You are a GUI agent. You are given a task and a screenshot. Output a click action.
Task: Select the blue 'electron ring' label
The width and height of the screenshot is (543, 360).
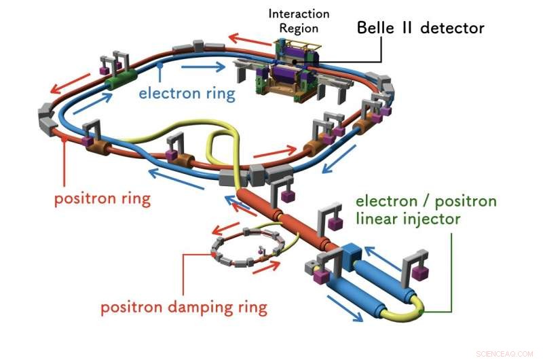click(187, 92)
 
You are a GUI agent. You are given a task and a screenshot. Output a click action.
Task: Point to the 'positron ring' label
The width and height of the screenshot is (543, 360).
click(102, 200)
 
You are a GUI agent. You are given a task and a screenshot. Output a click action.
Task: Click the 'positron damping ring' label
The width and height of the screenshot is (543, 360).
click(184, 307)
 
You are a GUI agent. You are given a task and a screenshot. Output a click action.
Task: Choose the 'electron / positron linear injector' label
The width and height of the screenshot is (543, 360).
click(426, 210)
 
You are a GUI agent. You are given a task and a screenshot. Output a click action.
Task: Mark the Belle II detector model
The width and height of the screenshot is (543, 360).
click(288, 71)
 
